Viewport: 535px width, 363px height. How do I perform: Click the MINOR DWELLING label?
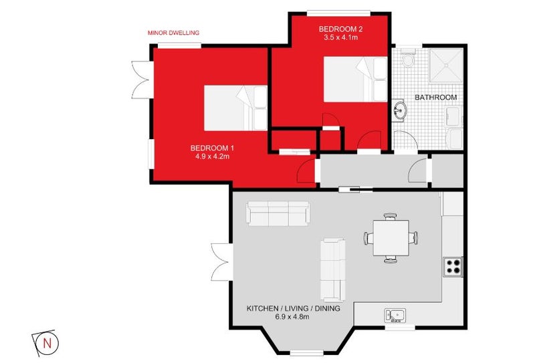(173, 33)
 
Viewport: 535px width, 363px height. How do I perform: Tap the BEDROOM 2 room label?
(341, 29)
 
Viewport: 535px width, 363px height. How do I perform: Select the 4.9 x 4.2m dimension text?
(212, 156)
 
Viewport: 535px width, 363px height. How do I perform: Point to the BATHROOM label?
(436, 97)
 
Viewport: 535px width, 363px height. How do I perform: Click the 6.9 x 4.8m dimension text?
(292, 317)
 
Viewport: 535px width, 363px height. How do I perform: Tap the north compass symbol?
(45, 343)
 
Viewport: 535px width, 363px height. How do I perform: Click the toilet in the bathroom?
(408, 58)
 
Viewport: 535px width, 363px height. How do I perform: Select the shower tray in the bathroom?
(446, 66)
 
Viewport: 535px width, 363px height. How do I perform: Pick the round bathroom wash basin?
(399, 110)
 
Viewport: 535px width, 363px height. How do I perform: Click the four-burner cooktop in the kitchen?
(453, 267)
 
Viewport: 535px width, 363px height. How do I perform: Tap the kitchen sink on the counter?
(395, 316)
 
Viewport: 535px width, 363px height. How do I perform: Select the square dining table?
(391, 238)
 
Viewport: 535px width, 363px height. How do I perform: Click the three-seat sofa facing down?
(278, 213)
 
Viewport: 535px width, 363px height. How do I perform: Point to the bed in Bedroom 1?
(235, 108)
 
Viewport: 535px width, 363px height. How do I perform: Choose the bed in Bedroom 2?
(355, 79)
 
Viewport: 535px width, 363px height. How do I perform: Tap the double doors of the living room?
(222, 262)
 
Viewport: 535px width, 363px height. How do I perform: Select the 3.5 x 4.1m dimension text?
(341, 37)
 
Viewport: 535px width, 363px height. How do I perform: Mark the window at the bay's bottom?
(307, 353)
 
